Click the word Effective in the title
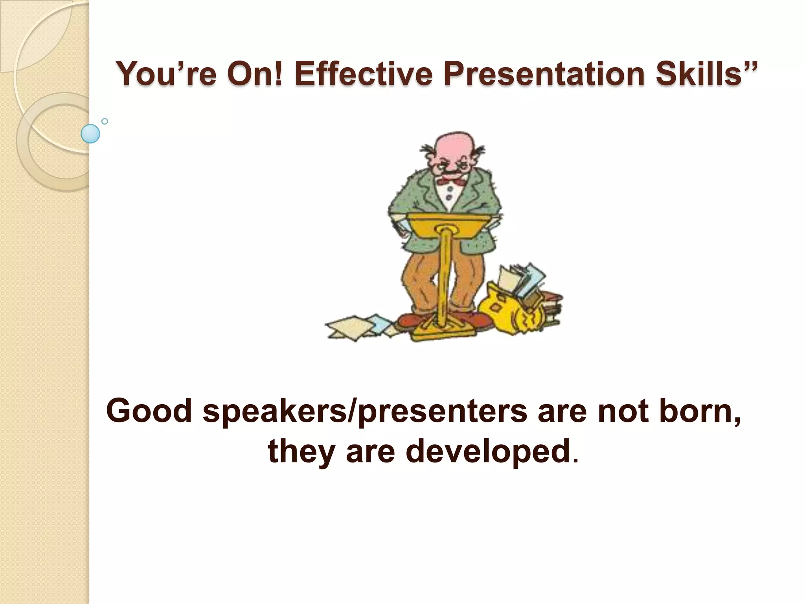(x=364, y=74)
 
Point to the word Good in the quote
(x=149, y=411)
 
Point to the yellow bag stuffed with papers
(x=511, y=311)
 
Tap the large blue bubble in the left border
(x=90, y=134)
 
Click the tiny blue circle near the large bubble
(x=105, y=121)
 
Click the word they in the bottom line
(x=301, y=452)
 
